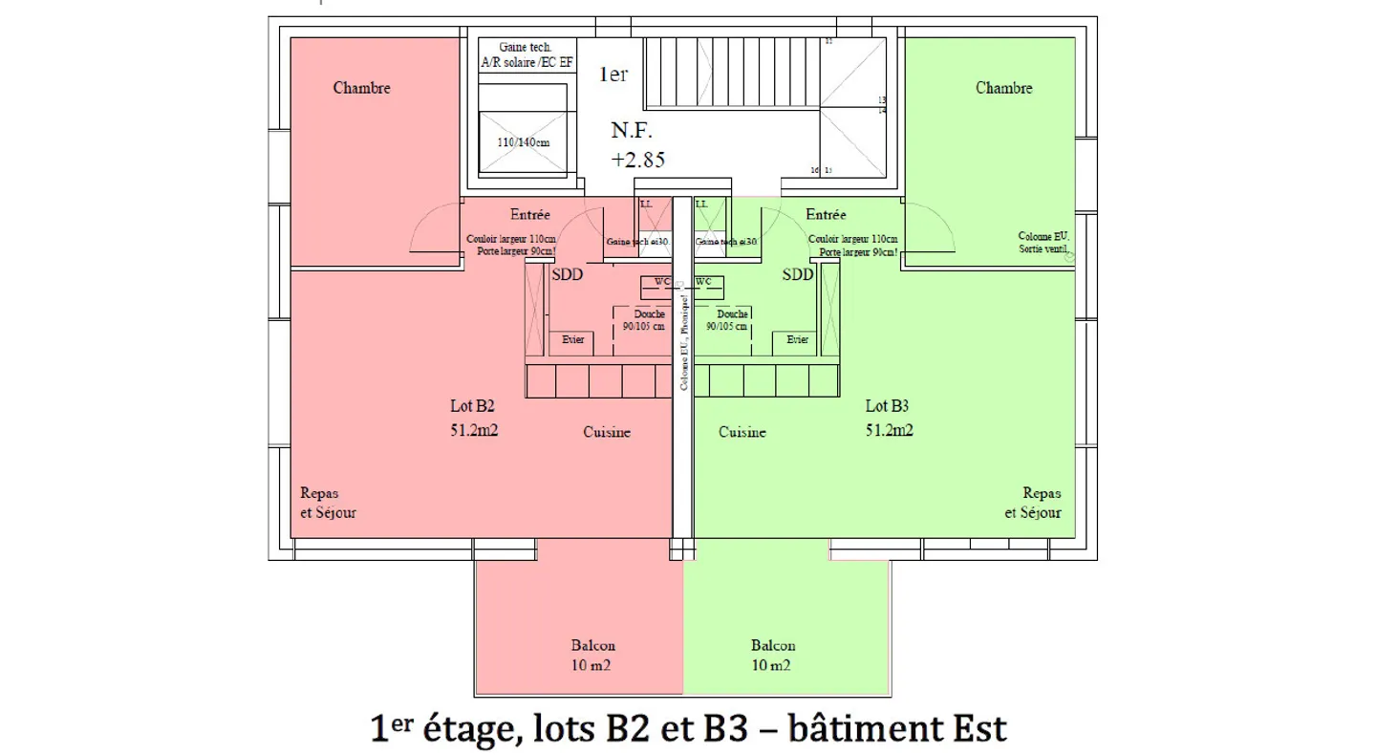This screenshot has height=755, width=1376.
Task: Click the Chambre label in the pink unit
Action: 361,88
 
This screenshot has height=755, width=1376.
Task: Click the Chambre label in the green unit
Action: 1003,88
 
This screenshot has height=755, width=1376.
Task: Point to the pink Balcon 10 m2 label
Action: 592,655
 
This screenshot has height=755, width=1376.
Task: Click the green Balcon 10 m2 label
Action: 772,655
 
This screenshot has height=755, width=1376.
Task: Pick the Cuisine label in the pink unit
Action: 607,432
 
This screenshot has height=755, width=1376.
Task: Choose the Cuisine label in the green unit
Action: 742,432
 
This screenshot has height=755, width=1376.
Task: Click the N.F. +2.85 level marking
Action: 637,144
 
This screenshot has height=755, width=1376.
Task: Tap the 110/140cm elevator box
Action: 524,142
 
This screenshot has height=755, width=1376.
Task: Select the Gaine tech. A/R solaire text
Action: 527,55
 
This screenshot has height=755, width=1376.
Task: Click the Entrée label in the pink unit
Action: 530,215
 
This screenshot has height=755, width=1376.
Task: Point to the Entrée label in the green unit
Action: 826,215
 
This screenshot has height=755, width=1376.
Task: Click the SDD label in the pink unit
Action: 568,274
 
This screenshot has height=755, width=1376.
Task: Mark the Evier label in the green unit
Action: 797,340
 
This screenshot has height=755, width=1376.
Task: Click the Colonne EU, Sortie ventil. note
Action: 1043,242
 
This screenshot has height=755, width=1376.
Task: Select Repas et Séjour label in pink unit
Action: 328,503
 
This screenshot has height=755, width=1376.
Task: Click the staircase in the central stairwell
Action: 731,73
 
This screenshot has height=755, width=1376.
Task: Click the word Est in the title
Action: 974,728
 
